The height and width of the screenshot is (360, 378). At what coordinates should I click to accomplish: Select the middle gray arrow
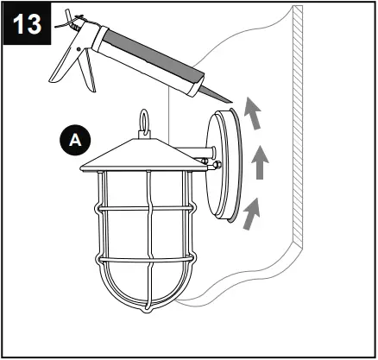click(x=256, y=163)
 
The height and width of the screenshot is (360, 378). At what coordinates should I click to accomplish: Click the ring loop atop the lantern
click(x=143, y=117)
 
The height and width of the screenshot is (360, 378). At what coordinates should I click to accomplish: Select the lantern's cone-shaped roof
click(x=142, y=154)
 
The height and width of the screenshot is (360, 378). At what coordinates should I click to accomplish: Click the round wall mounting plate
click(x=222, y=163)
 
